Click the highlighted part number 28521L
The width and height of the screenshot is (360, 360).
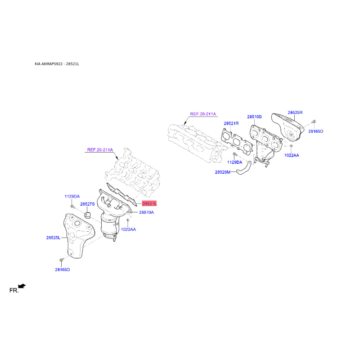click(x=149, y=203)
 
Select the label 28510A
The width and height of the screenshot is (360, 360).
click(x=147, y=212)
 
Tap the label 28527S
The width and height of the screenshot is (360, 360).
click(x=87, y=204)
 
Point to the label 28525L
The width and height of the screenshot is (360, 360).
click(x=53, y=238)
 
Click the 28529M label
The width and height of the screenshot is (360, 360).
click(x=222, y=172)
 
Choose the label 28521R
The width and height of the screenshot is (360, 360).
click(x=231, y=123)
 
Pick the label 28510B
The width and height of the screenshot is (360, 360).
click(x=254, y=117)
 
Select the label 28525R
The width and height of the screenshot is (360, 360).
click(x=295, y=112)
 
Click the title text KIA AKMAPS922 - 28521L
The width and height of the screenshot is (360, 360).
click(x=57, y=64)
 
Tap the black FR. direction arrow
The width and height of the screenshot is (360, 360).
click(x=22, y=286)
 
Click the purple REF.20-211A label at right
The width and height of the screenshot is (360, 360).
click(x=203, y=114)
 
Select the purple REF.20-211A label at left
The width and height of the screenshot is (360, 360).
click(x=100, y=150)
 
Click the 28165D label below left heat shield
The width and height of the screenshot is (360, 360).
click(x=63, y=270)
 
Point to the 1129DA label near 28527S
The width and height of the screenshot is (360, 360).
click(x=72, y=197)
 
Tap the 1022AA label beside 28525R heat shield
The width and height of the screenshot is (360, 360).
click(x=292, y=155)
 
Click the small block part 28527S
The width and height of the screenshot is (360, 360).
click(x=87, y=215)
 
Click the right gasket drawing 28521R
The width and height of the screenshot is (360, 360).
click(x=237, y=140)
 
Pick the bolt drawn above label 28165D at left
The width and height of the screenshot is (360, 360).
click(x=61, y=260)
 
